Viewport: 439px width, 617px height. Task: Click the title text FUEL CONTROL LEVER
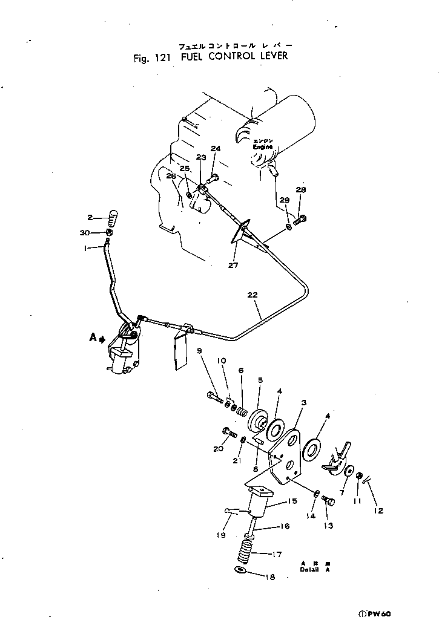point(233,57)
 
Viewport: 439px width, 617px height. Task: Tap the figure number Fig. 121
point(153,58)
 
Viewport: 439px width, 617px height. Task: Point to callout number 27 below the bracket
point(234,265)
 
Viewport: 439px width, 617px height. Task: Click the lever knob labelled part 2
point(111,216)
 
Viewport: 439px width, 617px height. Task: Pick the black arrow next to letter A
point(102,339)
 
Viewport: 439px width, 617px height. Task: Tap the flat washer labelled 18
point(240,570)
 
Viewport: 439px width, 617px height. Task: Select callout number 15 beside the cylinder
point(292,501)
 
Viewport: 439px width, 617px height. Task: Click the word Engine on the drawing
point(263,146)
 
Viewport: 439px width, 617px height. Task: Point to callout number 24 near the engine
point(216,149)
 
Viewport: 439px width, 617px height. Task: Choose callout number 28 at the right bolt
point(301,190)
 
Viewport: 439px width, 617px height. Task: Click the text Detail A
point(314,569)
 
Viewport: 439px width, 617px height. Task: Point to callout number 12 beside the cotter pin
point(378,511)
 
